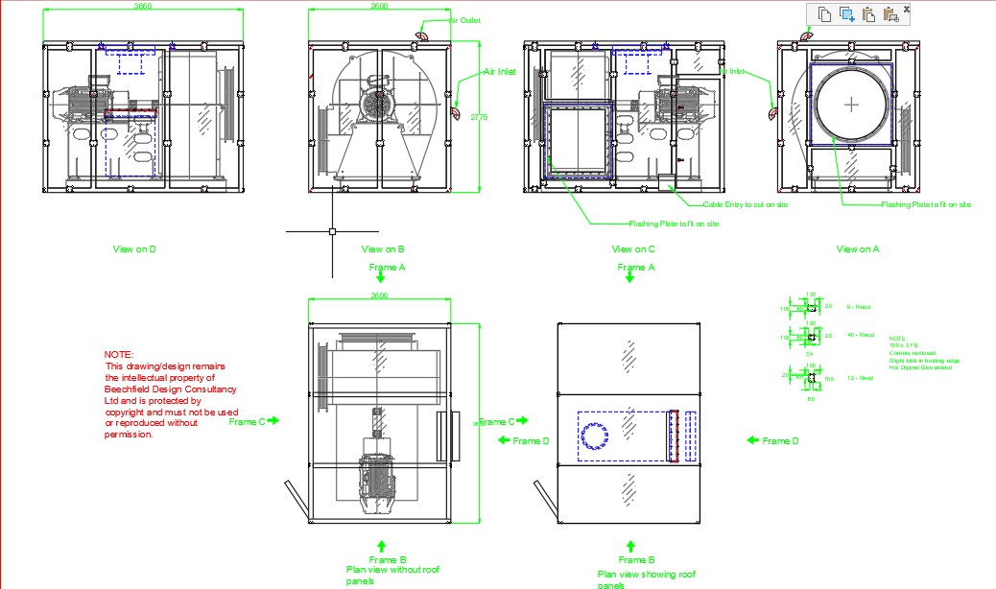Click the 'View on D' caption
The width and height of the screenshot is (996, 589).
(134, 249)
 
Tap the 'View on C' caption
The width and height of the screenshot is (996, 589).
(633, 249)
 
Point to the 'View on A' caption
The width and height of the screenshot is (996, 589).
(857, 249)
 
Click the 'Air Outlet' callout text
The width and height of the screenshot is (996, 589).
(464, 20)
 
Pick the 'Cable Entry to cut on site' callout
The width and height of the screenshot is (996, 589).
(746, 204)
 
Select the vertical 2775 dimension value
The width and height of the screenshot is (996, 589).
(480, 117)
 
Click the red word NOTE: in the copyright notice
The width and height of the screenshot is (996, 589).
(119, 355)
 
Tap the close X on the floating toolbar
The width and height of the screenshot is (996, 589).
(907, 9)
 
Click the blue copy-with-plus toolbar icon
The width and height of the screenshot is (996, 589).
(846, 13)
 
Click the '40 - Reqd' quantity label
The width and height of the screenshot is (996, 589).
(860, 335)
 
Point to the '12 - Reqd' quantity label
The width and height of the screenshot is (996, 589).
(860, 378)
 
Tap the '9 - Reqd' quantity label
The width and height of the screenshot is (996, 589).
(857, 307)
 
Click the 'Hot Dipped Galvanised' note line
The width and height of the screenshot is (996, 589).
(920, 367)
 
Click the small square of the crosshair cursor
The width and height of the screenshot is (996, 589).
(332, 231)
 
